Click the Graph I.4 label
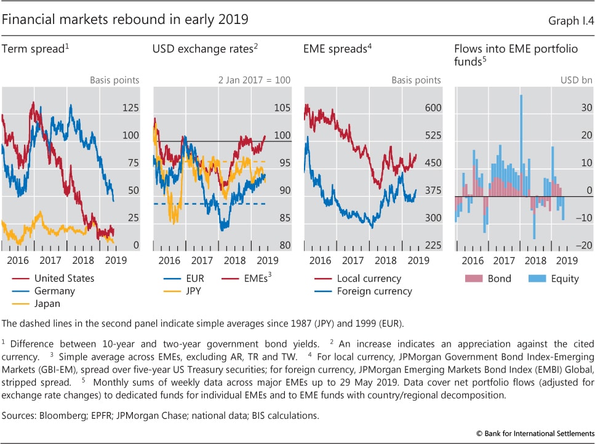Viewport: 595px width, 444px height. (571, 20)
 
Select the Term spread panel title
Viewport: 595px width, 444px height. (34, 49)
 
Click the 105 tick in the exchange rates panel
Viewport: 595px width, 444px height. (282, 108)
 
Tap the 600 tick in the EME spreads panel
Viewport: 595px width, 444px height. (433, 108)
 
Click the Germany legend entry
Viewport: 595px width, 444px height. (55, 291)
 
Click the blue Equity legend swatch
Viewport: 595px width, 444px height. (537, 279)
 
